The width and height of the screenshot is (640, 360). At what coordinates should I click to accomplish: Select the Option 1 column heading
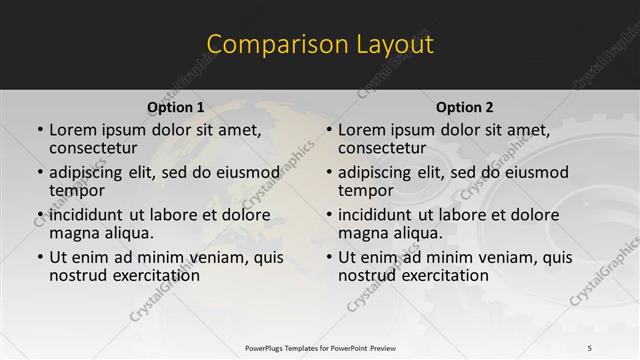click(x=176, y=107)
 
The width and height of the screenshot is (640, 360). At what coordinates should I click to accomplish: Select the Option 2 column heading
click(x=465, y=107)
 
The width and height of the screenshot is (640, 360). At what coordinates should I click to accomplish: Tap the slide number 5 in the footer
click(x=589, y=347)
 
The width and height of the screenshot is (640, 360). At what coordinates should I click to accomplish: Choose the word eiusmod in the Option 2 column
click(x=535, y=172)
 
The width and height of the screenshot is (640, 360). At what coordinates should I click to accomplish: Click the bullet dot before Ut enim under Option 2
click(x=329, y=257)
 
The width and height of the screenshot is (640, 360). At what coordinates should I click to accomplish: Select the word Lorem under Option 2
click(x=361, y=130)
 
